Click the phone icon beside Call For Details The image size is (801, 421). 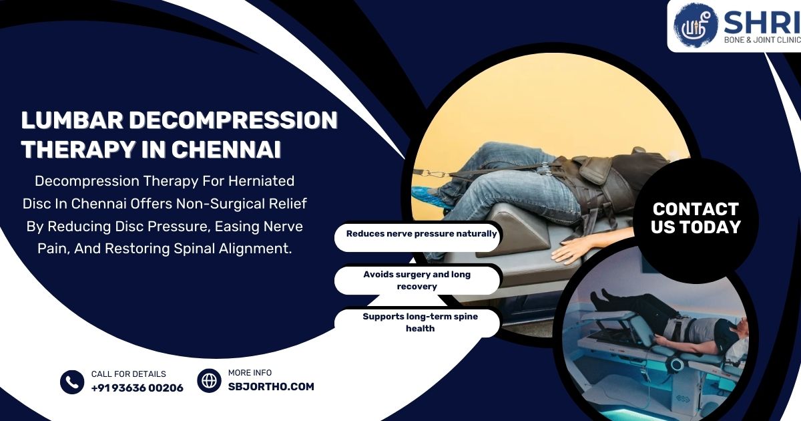[x=72, y=382]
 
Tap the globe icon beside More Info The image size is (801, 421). [x=209, y=380]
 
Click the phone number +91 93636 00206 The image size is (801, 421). [x=137, y=388]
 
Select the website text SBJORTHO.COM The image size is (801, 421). [x=271, y=386]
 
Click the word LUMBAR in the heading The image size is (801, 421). [x=71, y=120]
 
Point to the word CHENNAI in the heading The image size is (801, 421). [x=226, y=150]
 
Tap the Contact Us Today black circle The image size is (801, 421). [x=696, y=219]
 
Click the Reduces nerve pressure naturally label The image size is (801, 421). [x=421, y=235]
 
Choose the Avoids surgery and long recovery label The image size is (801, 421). [x=417, y=280]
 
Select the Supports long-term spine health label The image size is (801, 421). [x=420, y=322]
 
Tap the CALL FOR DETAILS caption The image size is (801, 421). [x=128, y=374]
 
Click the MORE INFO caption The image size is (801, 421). [x=250, y=373]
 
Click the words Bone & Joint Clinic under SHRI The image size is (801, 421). [x=761, y=40]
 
